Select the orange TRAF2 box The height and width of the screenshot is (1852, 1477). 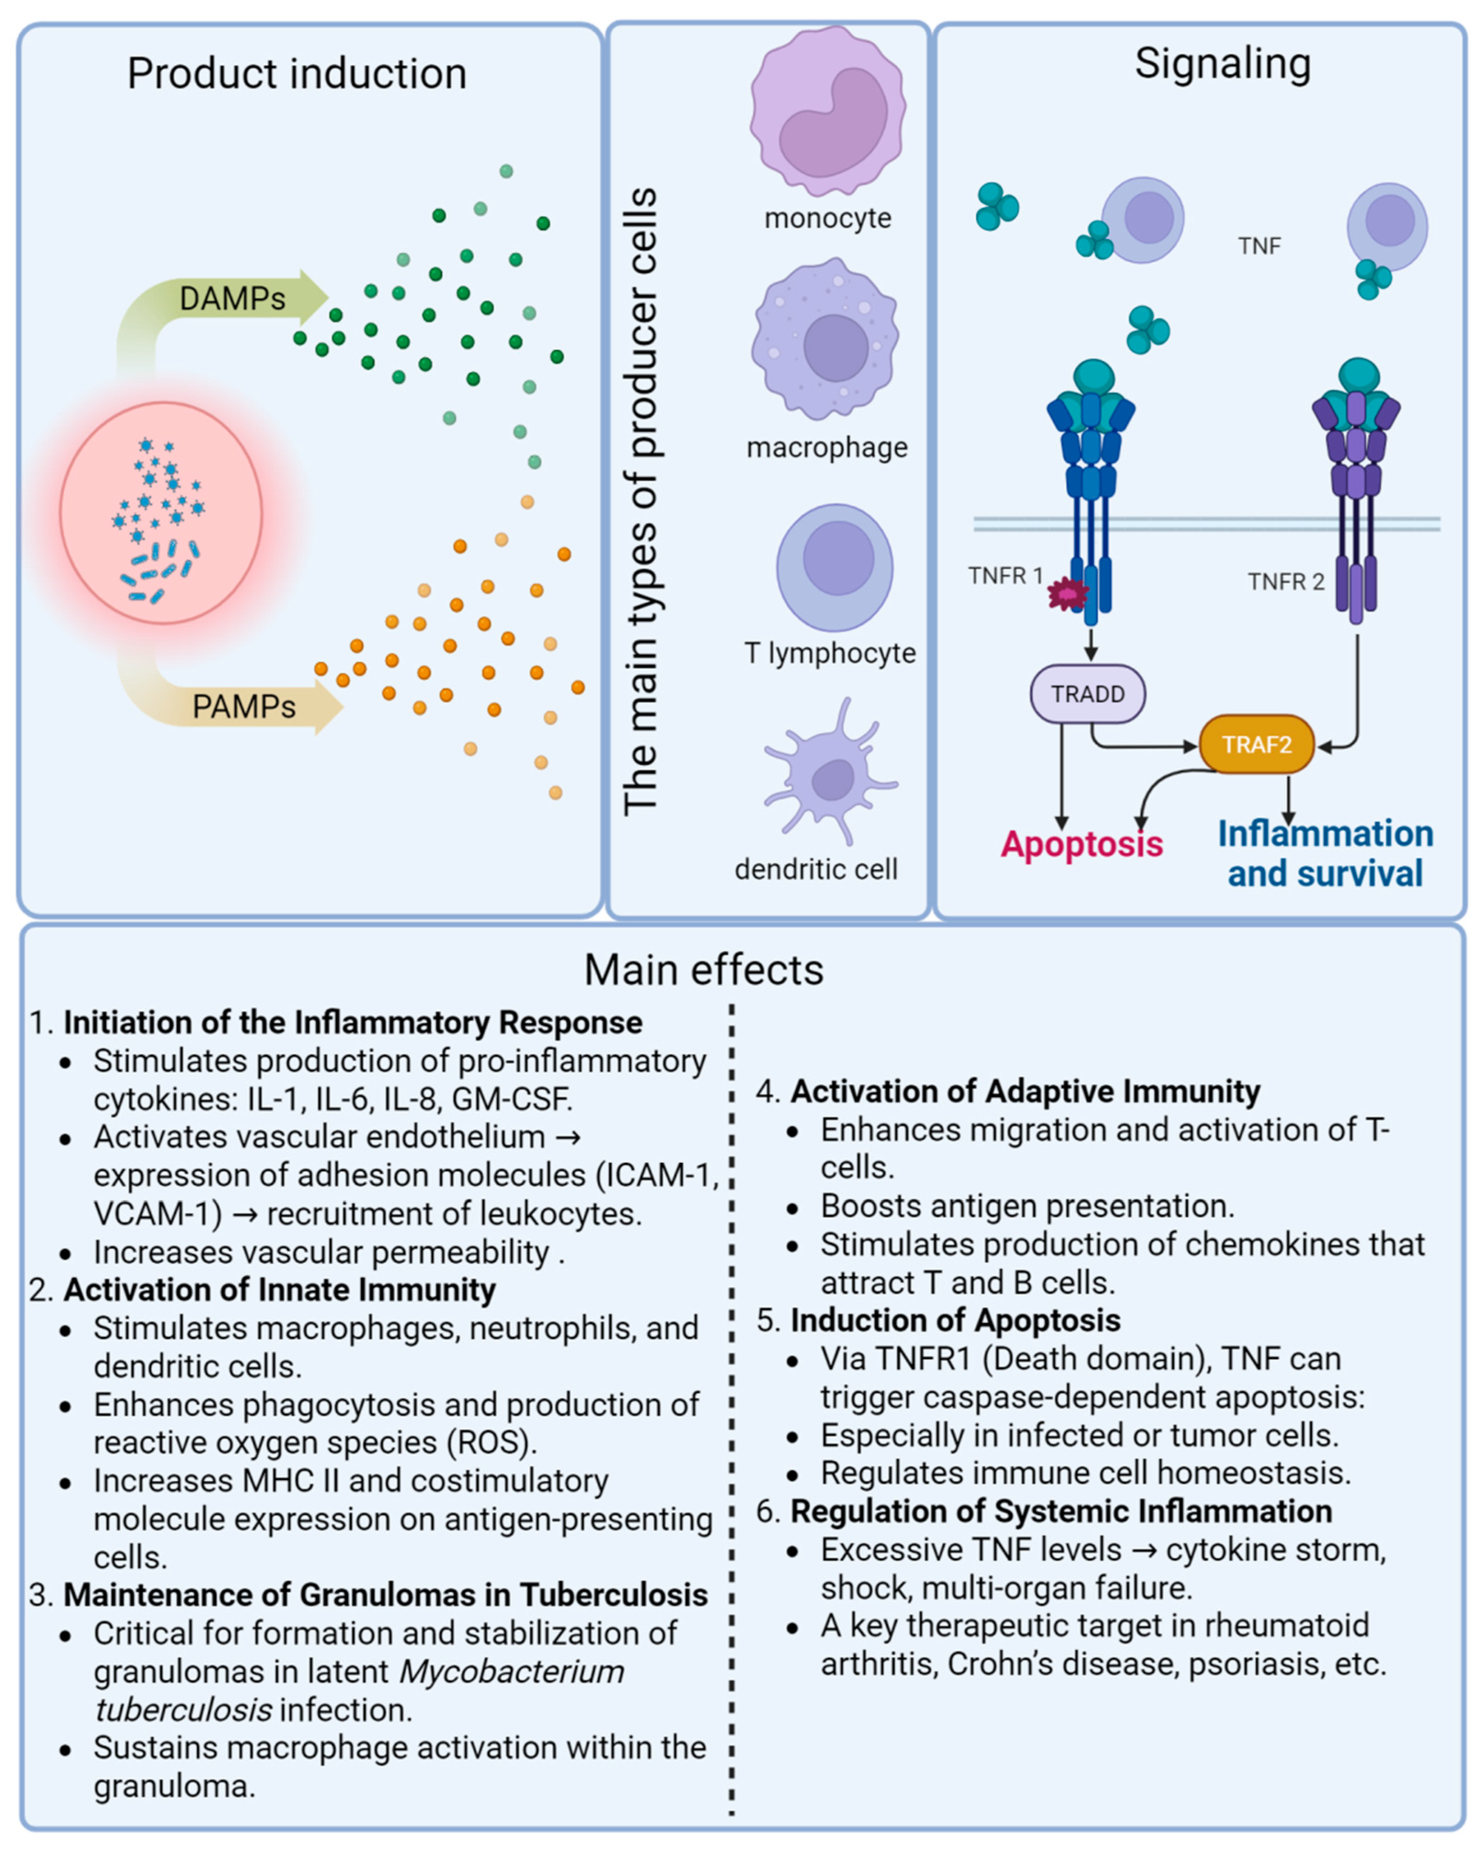pos(1256,744)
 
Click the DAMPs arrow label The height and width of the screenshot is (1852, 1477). pos(232,299)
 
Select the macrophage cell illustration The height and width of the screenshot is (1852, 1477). pos(826,341)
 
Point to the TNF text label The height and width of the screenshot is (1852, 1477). pos(1259,247)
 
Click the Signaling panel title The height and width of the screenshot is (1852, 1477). pos(1222,63)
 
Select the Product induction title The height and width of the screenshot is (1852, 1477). pos(296,74)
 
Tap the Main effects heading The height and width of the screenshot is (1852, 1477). pos(703,970)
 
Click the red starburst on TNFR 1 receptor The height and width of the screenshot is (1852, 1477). pos(1067,593)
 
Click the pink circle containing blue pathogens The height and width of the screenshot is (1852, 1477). pos(160,513)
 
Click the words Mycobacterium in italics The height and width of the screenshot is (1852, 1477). pos(511,1672)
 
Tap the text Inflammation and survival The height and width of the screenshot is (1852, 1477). pos(1324,853)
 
